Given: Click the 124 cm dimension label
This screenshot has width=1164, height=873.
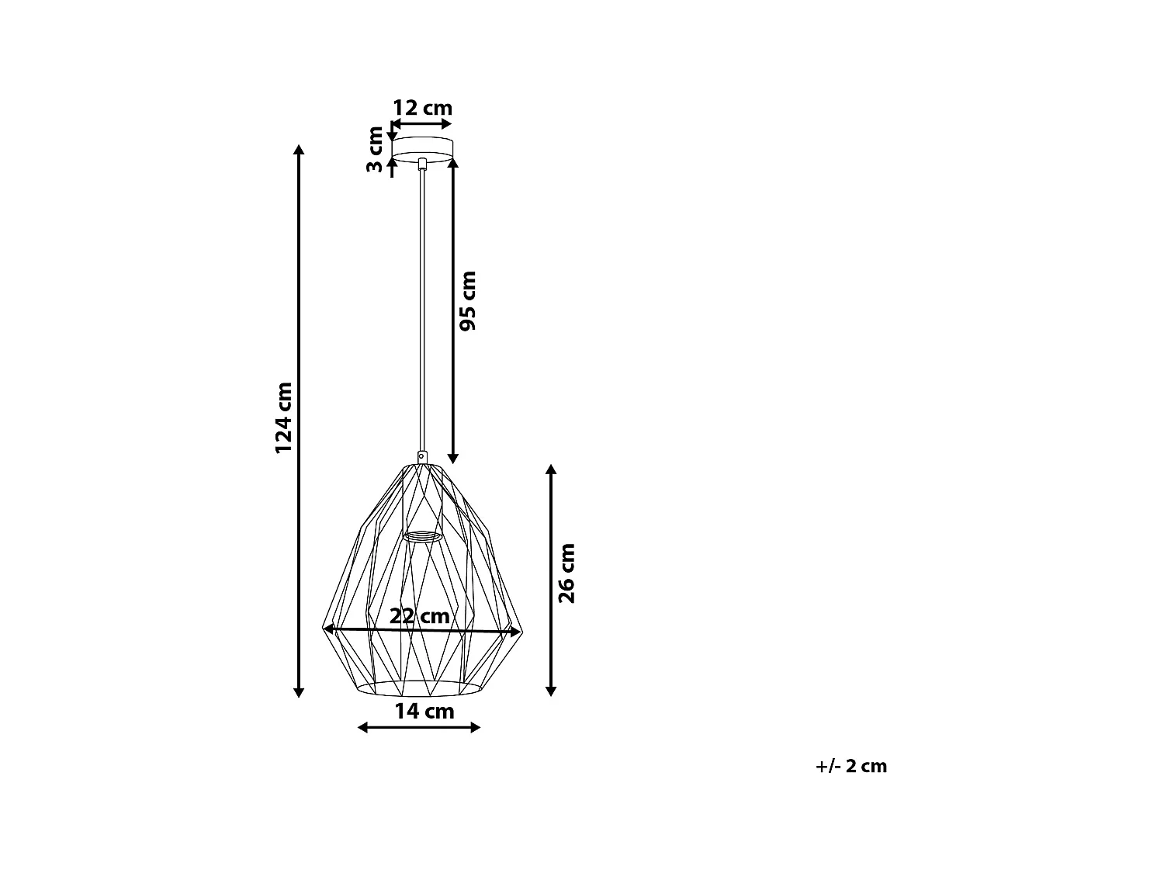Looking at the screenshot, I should pyautogui.click(x=284, y=417).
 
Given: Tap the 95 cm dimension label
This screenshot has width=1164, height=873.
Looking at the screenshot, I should pyautogui.click(x=468, y=300).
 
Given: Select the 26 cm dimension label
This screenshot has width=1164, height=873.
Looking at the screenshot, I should pyautogui.click(x=567, y=573).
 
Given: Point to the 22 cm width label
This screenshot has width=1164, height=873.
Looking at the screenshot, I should pyautogui.click(x=420, y=616).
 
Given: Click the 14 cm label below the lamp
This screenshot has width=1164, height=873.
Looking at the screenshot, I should pyautogui.click(x=424, y=711).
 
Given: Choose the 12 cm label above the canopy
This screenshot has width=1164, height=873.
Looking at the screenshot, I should pyautogui.click(x=422, y=108).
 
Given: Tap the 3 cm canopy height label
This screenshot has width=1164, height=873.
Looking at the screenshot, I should pyautogui.click(x=376, y=149).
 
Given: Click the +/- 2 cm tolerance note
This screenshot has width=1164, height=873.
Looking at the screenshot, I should pyautogui.click(x=850, y=766).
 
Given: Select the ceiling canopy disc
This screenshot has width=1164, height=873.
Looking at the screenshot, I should pyautogui.click(x=422, y=150).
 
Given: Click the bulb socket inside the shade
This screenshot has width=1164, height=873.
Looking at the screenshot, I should pyautogui.click(x=422, y=535).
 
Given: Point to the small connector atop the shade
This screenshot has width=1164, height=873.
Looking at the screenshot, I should pyautogui.click(x=422, y=456).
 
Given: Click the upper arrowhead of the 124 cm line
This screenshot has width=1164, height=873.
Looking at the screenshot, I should pyautogui.click(x=299, y=149).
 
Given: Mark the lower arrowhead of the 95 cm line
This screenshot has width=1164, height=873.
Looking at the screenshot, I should pyautogui.click(x=453, y=459).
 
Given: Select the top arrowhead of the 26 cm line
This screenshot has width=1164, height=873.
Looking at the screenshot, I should pyautogui.click(x=551, y=470).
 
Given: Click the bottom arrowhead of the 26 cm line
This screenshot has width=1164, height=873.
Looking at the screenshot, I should pyautogui.click(x=551, y=691).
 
